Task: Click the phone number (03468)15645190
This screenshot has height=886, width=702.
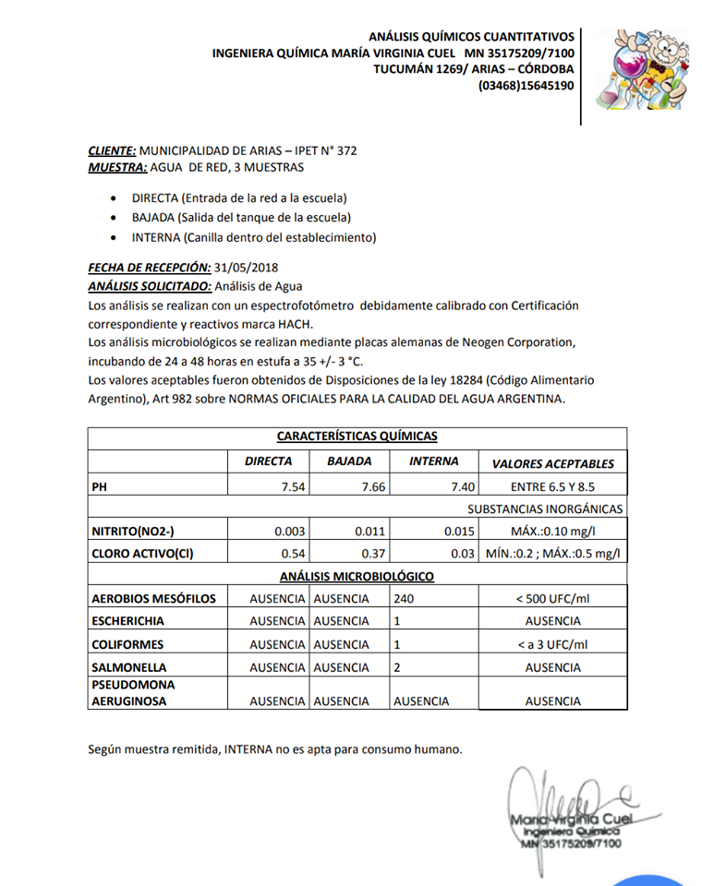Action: click(526, 86)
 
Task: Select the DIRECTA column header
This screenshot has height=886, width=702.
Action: click(268, 461)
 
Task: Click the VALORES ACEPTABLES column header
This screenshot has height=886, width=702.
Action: click(552, 463)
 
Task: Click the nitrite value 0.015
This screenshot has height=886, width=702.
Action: click(459, 531)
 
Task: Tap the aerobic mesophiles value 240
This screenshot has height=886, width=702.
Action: click(404, 598)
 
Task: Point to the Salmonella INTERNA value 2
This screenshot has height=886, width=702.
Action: click(397, 667)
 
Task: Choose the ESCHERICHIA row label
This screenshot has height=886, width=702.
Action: click(127, 621)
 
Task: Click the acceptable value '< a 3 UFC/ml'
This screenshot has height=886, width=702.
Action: click(552, 644)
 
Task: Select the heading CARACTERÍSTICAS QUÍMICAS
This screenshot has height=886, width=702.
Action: click(357, 436)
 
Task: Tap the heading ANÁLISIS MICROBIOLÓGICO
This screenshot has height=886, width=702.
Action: click(357, 576)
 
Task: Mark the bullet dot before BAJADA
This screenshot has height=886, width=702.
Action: click(113, 218)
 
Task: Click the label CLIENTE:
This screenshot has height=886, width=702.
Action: click(112, 150)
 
